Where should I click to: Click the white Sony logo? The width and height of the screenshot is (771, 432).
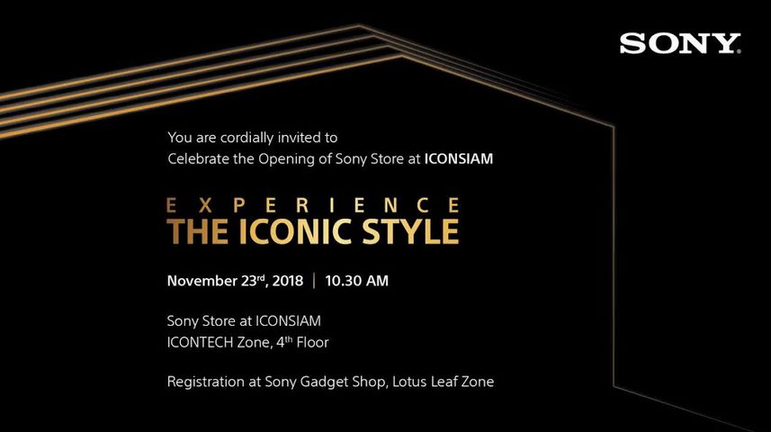680,43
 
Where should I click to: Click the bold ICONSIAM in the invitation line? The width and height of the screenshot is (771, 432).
458,159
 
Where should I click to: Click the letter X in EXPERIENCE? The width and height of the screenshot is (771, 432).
205,205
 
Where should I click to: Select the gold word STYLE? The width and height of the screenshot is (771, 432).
410,231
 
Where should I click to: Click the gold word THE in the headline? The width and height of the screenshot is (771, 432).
197,231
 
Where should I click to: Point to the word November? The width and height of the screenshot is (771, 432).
202,281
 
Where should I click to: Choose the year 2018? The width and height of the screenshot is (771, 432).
288,281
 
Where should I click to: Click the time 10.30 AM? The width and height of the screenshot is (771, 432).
356,281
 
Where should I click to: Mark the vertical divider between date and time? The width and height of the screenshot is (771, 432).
314,281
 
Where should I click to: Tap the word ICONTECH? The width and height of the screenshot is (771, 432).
200,343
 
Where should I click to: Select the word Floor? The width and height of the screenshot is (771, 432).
312,343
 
